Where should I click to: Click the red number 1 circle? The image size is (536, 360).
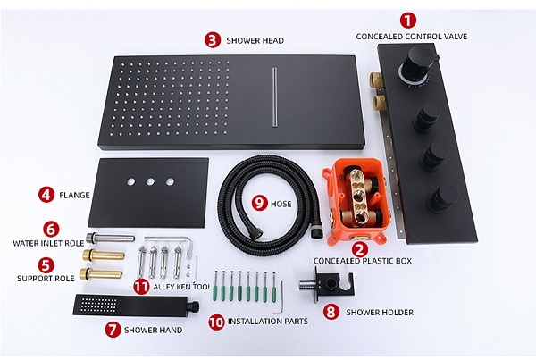point(408,21)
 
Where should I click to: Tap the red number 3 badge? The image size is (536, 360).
point(213,40)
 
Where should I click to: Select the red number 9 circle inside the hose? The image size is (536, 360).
point(260,204)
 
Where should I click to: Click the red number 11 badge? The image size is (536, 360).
point(141,287)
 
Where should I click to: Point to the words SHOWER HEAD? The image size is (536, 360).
point(255,41)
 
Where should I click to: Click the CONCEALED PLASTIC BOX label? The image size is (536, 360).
point(363,261)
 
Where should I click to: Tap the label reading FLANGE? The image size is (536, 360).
point(74,196)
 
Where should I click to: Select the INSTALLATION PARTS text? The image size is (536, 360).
point(268,322)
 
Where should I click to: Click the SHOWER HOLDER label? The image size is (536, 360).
point(380,312)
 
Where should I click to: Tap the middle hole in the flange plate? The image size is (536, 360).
point(150,181)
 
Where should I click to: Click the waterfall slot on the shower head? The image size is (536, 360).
point(274,96)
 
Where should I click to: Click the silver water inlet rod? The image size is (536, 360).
point(110,238)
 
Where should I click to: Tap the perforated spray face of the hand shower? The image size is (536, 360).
point(99,305)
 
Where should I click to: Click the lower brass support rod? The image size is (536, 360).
point(101,274)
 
